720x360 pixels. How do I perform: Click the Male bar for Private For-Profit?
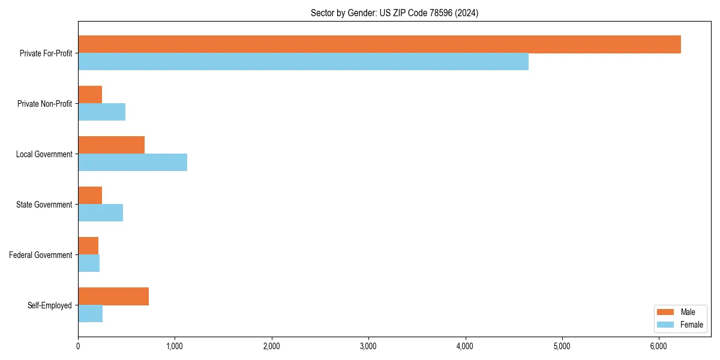[x=379, y=44]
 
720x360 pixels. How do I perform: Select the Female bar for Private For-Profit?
[x=303, y=62]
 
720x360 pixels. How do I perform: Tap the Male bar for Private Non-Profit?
[x=90, y=95]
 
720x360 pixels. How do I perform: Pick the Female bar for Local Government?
[x=133, y=163]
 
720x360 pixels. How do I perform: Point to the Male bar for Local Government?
[x=111, y=145]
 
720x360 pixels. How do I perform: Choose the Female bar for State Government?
[x=100, y=213]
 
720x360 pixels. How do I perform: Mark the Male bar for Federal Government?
[x=88, y=246]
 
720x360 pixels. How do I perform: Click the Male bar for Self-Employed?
[x=113, y=296]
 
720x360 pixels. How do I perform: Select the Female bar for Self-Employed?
[x=90, y=314]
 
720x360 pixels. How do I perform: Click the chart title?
[x=394, y=13]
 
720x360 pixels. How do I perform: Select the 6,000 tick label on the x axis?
[x=658, y=346]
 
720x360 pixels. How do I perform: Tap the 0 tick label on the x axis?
[x=78, y=346]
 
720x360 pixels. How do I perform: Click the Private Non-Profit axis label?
[x=44, y=104]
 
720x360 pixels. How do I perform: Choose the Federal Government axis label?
[x=41, y=255]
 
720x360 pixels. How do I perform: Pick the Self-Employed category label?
[x=50, y=305]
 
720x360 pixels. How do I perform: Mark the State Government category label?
[x=44, y=205]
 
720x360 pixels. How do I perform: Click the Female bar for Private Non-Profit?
[x=101, y=112]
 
